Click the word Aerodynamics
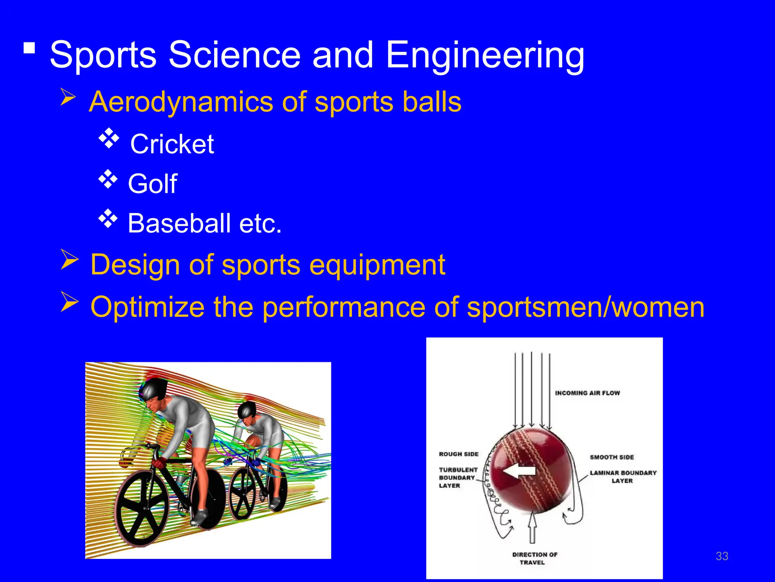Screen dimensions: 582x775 coord(181,102)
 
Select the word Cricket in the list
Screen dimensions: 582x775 coord(172,144)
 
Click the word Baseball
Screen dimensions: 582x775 coord(179,224)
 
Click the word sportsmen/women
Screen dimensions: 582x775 coord(585,307)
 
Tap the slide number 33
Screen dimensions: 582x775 coord(722,556)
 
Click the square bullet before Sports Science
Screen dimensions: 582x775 coord(29,48)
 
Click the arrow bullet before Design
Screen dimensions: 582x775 coord(70,260)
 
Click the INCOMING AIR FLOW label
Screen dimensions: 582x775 coord(587,393)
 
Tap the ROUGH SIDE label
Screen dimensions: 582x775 coord(459,454)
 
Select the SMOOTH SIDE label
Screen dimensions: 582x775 coord(612,457)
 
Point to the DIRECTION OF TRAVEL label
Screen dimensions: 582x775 coord(534,559)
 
